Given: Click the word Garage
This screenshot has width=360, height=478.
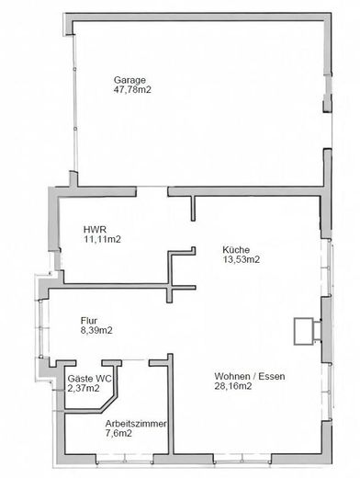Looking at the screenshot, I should click(129, 80).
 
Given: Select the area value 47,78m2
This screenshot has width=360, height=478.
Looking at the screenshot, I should click(132, 90).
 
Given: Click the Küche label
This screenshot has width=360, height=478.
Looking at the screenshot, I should click(235, 249).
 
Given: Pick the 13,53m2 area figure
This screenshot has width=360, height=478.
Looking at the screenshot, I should click(241, 259).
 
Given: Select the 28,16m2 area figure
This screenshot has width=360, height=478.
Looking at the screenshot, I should click(233, 386).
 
